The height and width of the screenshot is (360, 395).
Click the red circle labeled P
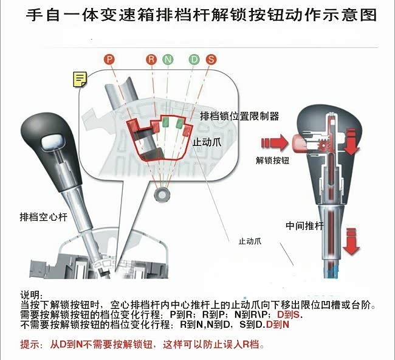[x=109, y=60]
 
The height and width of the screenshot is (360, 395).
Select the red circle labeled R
[x=151, y=60]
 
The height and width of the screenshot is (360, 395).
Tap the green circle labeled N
[x=168, y=60]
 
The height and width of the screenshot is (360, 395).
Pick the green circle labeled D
[x=194, y=60]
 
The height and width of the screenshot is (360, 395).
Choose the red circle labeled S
[x=211, y=60]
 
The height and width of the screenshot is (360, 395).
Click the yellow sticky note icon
[x=80, y=80]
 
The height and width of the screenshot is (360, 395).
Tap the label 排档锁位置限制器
[x=239, y=116]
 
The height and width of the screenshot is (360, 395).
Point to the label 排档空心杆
[x=44, y=217]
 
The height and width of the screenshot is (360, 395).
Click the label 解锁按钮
[x=272, y=161]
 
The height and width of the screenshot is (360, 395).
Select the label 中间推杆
[x=304, y=226]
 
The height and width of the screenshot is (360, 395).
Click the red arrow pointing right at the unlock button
[x=275, y=143]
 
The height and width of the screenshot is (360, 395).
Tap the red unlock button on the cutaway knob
[x=298, y=142]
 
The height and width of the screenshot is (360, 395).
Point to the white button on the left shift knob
[x=52, y=142]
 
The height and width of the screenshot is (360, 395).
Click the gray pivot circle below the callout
[x=162, y=195]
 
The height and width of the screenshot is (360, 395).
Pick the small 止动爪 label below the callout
[x=250, y=241]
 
